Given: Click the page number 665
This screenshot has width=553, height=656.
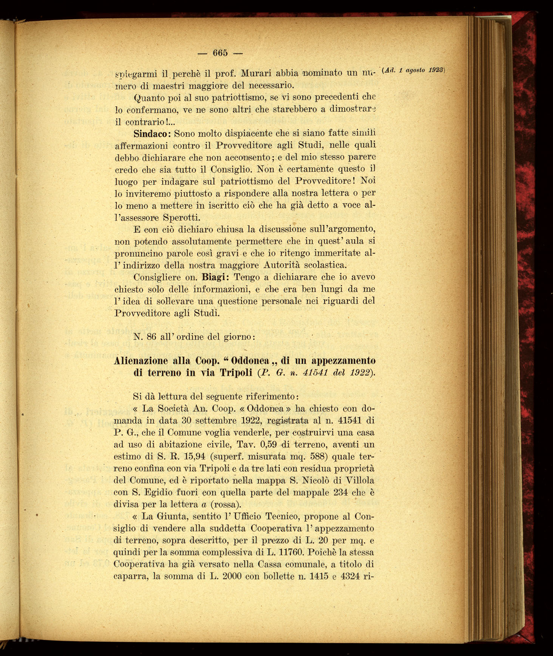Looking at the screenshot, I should click(220, 53).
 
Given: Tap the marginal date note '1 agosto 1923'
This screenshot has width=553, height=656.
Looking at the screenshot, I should click(420, 70).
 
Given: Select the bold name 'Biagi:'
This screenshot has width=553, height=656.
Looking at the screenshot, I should click(213, 277).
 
